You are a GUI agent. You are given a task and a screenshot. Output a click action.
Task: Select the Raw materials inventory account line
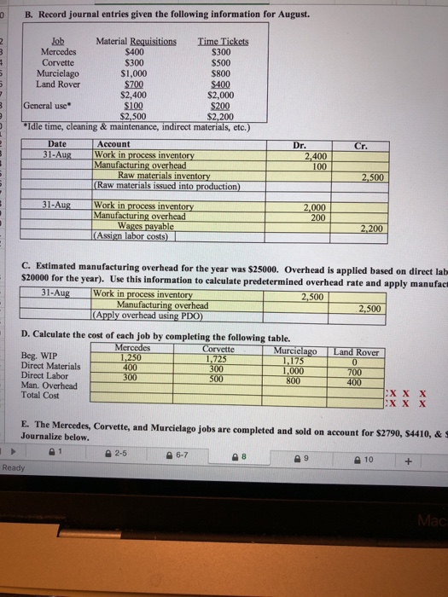point(164,177)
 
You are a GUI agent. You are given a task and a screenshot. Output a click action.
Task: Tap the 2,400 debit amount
point(315,156)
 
